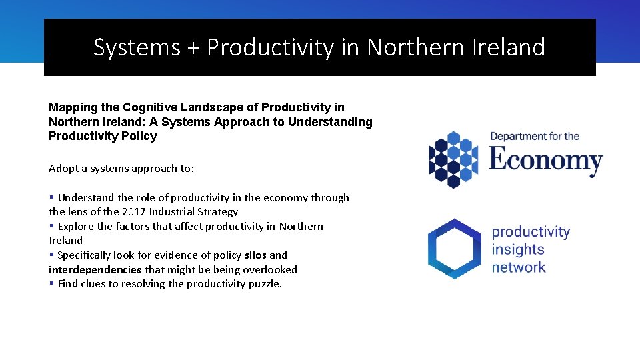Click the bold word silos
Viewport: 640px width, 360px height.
coord(255,255)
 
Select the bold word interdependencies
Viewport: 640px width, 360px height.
coord(95,270)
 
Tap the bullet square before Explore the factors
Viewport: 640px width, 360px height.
coord(51,227)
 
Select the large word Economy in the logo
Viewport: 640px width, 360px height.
coord(545,161)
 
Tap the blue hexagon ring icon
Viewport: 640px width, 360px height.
coord(454,248)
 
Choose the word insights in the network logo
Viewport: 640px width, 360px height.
coord(518,250)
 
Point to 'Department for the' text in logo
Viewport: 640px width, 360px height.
coord(535,137)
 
